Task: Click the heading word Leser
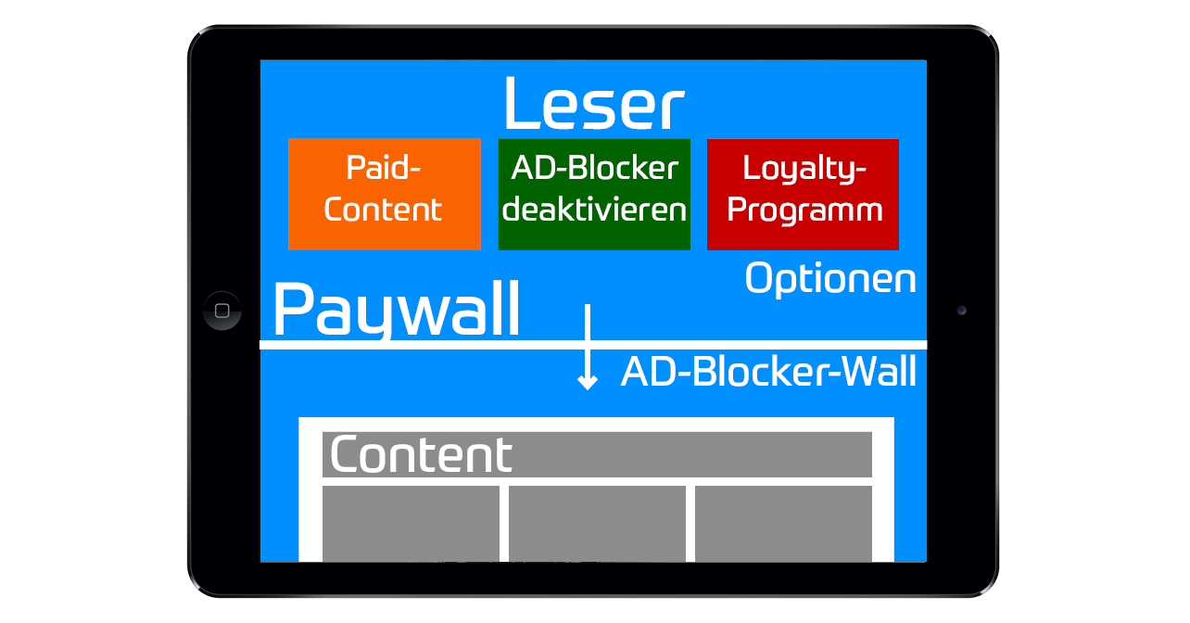tap(593, 104)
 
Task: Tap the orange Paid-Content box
tap(384, 194)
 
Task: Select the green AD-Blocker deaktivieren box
tap(594, 194)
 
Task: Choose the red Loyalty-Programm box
tap(803, 194)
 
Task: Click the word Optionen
tap(830, 278)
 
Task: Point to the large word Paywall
tap(397, 311)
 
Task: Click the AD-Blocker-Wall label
tap(768, 373)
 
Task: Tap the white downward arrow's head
tap(587, 381)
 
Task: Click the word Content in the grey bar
tap(421, 454)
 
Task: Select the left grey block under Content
tap(411, 523)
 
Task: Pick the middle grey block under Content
tap(597, 523)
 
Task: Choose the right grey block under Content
tap(783, 523)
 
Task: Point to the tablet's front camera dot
tap(962, 311)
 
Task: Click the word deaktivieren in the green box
tap(594, 210)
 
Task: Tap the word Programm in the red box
tap(804, 210)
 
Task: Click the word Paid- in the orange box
tap(383, 169)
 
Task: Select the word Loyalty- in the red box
tap(804, 169)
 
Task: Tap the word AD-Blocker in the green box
tap(594, 169)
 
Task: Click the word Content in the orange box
tap(383, 210)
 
